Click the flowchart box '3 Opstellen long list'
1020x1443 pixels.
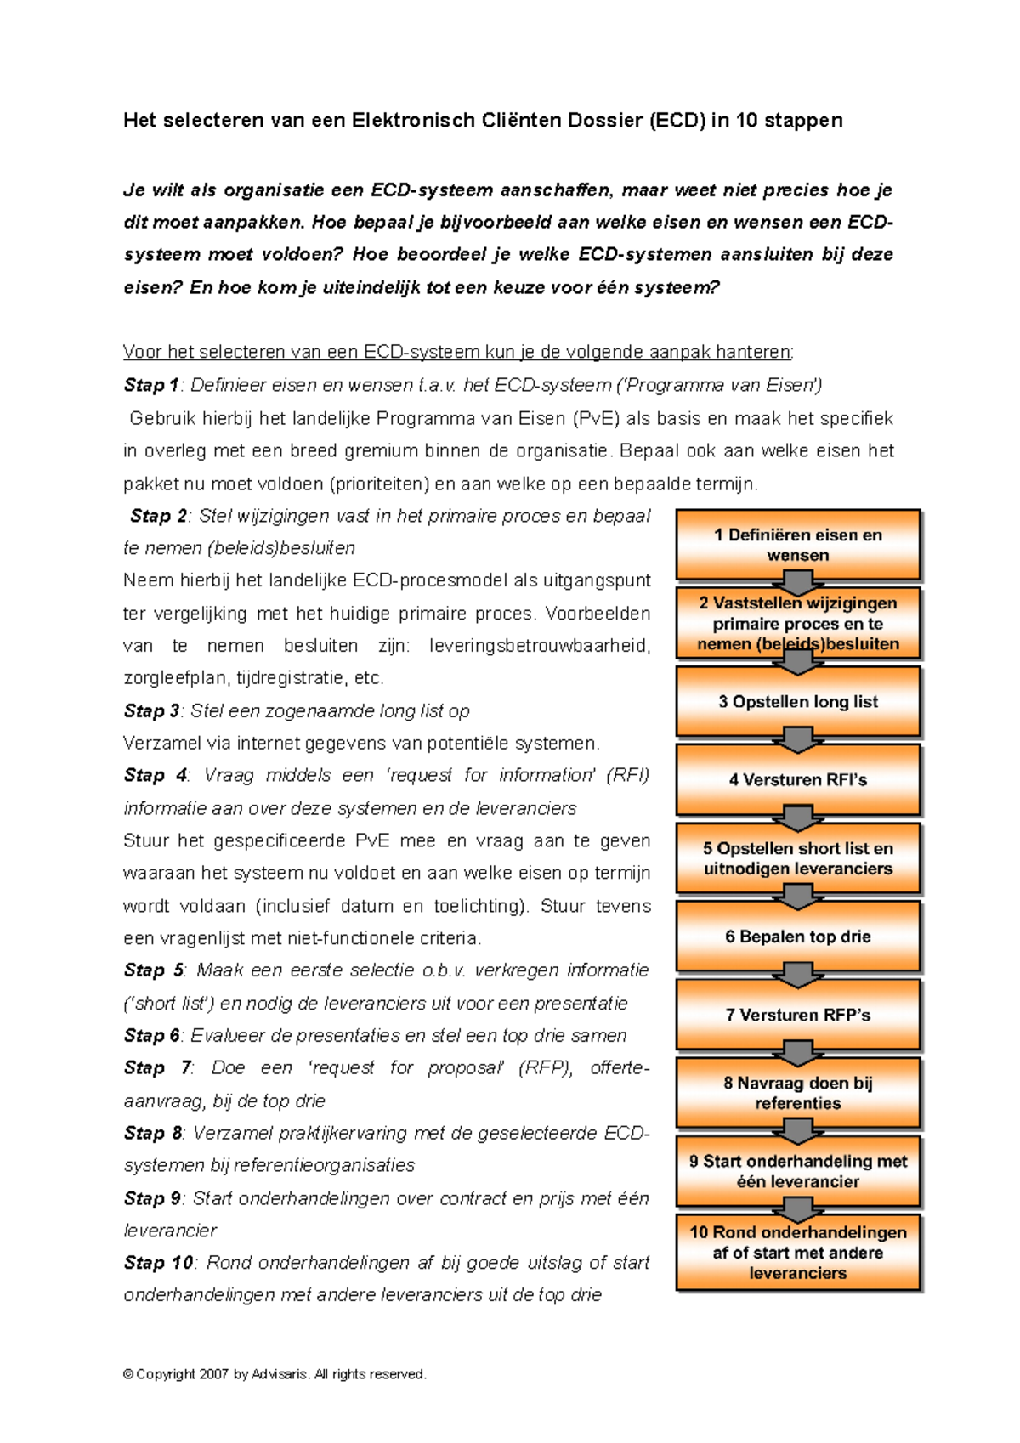tap(797, 701)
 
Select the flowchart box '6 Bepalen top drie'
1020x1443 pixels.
tap(797, 936)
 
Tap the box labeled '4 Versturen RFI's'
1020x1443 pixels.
tap(797, 779)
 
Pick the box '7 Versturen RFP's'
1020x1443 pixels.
tap(797, 1014)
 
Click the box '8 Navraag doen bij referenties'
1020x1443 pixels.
tap(797, 1093)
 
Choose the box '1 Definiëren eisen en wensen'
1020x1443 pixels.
tap(797, 545)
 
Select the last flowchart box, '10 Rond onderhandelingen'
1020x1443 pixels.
tap(797, 1253)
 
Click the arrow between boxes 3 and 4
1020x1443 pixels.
tap(798, 739)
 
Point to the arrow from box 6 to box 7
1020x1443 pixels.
tap(798, 975)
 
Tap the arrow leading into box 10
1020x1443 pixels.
tap(798, 1209)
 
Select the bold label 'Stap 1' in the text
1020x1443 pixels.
tap(150, 385)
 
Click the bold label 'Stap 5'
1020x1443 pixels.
tap(153, 970)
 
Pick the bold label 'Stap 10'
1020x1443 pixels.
tap(158, 1263)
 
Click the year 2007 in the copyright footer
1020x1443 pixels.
tap(214, 1374)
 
